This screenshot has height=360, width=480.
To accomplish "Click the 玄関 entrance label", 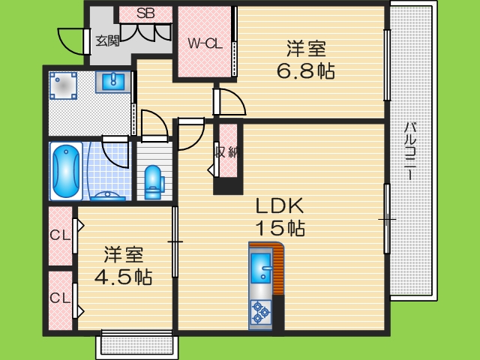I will [x=107, y=40].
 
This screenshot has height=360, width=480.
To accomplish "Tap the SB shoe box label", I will [x=145, y=13].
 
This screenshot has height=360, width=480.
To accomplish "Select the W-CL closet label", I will [x=205, y=43].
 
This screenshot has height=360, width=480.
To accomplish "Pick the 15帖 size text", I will [x=280, y=227].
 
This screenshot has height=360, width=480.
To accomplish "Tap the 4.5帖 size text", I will [x=123, y=277].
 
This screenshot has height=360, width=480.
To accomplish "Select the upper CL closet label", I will [x=60, y=235].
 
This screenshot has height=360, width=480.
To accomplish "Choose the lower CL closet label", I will [x=60, y=298].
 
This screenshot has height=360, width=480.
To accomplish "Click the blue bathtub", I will [x=66, y=170].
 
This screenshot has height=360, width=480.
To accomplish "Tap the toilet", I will [x=153, y=181].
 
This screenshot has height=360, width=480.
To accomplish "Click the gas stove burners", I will [x=261, y=310].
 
